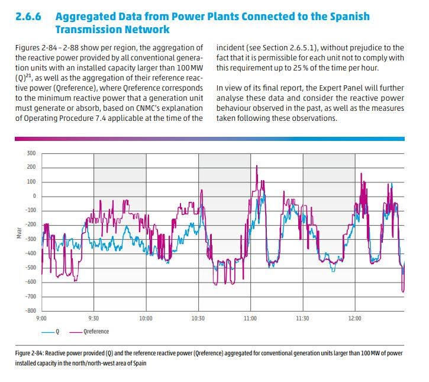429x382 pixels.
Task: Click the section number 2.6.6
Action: coord(29,17)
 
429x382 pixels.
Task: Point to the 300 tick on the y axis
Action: coord(31,153)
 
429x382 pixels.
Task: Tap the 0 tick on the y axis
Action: coord(34,196)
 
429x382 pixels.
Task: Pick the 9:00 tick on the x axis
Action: coord(41,319)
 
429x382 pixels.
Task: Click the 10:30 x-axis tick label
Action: coord(198,319)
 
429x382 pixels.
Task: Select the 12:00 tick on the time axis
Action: coord(354,319)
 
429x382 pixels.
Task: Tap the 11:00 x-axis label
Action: coord(250,319)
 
